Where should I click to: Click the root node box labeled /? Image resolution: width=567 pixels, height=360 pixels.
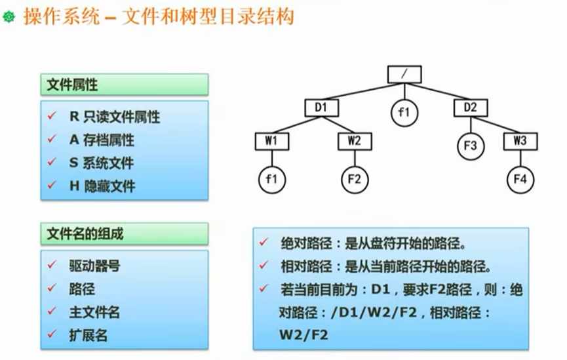coord(404,74)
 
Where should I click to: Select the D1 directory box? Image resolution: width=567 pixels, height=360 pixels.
coord(321,107)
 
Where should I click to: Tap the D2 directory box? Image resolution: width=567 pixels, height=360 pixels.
coord(470,107)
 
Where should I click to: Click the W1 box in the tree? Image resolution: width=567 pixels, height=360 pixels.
coord(271,140)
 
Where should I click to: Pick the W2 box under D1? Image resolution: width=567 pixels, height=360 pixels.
coord(355,140)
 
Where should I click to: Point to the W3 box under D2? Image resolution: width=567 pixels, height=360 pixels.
coord(520,140)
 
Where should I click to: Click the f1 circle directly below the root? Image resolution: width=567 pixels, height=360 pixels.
coord(404,112)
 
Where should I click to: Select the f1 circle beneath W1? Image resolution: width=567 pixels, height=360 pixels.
coord(271,179)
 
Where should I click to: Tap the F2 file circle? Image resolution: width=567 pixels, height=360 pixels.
coord(355,179)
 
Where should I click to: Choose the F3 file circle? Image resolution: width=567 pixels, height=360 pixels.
coord(470,145)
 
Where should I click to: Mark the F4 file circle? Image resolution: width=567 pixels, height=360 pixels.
coord(520,179)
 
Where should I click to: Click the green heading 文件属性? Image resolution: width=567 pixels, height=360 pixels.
coord(73,85)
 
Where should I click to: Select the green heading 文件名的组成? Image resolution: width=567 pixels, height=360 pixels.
coord(85,233)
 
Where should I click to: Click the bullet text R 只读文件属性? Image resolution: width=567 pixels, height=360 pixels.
coord(114,117)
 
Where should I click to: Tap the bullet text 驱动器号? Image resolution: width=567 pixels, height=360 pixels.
coord(94,266)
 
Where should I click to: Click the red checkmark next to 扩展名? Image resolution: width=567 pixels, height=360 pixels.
coord(52,336)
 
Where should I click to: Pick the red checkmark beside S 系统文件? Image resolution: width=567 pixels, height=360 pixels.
coord(52,163)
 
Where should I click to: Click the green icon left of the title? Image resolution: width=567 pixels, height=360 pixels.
coord(9,18)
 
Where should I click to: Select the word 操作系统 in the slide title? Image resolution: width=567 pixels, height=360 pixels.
coord(62,16)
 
